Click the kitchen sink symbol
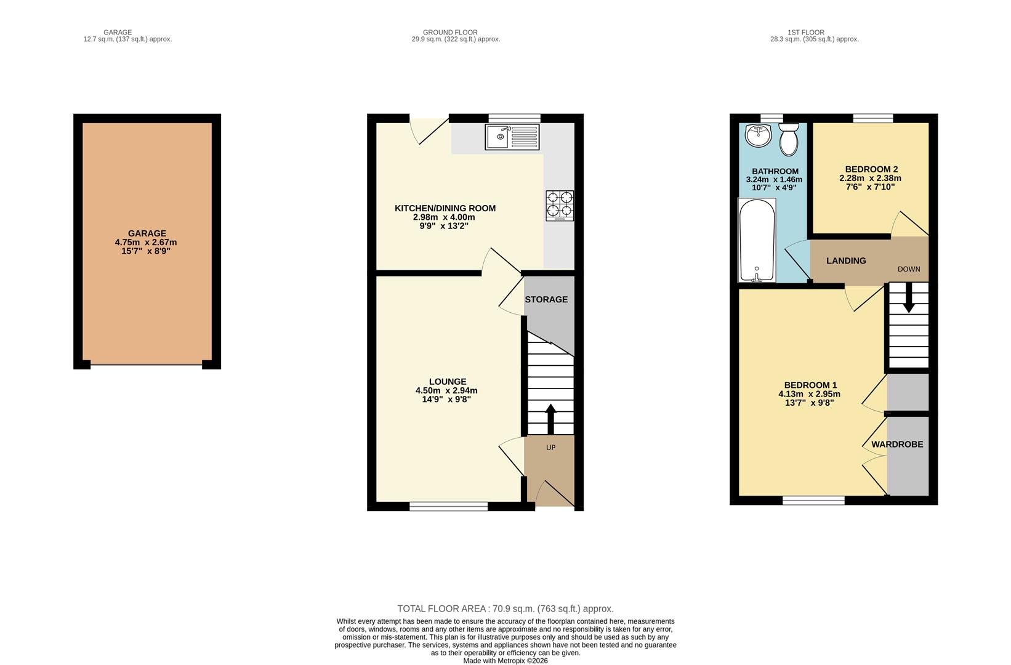click(512, 137)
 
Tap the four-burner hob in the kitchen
click(560, 206)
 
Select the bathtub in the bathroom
click(757, 240)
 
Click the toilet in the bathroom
click(788, 139)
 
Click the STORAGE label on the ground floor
click(546, 299)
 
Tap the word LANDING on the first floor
click(846, 260)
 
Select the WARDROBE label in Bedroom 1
click(897, 444)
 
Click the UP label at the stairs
click(550, 448)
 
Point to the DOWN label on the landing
click(909, 269)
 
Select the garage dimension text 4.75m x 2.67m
click(146, 243)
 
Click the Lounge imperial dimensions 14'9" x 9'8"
click(446, 399)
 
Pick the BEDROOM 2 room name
click(871, 169)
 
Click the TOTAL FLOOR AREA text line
click(505, 608)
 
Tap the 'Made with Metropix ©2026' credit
click(505, 661)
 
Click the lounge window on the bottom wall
click(449, 506)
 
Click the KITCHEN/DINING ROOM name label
click(445, 208)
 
